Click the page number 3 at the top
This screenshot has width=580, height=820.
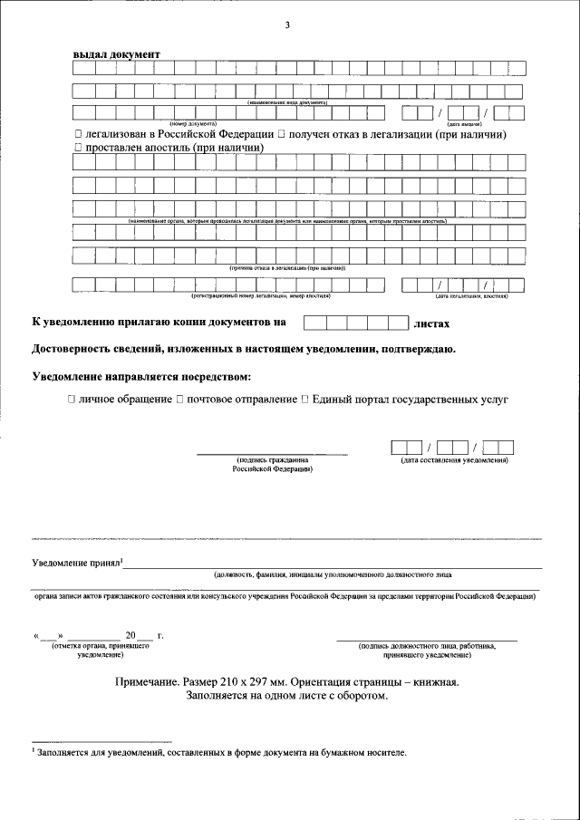[x=287, y=24]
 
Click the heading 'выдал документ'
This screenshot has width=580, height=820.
[x=116, y=53]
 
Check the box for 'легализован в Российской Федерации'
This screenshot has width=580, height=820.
[x=78, y=134]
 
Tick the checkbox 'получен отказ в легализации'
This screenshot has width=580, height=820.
[x=281, y=134]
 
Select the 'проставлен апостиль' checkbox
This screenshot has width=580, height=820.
[x=78, y=147]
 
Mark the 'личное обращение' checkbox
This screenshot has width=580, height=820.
[x=71, y=399]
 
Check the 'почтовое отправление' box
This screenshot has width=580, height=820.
[x=179, y=399]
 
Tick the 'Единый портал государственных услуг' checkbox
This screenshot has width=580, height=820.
[x=304, y=399]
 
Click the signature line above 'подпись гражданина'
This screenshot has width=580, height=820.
[x=272, y=452]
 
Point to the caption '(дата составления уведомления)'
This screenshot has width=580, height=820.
[x=454, y=461]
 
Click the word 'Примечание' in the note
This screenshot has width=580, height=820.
[x=148, y=681]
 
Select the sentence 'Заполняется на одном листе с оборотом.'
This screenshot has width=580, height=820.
[x=286, y=696]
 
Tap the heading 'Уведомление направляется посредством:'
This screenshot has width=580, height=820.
[x=140, y=375]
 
